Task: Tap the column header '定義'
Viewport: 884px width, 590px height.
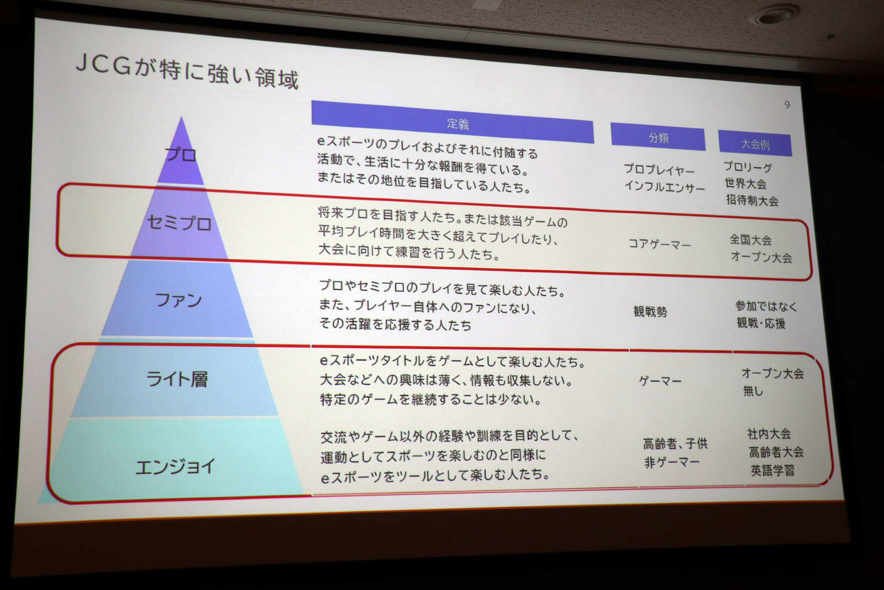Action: (458, 124)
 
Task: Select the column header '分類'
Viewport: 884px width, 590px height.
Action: (659, 138)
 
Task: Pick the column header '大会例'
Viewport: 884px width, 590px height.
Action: (755, 144)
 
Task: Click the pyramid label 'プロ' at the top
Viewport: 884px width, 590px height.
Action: (181, 154)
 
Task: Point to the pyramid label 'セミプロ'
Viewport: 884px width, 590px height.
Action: (180, 223)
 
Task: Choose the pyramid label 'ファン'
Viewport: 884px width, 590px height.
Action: (178, 300)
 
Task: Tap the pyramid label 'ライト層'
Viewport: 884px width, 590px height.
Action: (177, 379)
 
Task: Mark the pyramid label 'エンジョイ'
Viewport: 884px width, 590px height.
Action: (175, 466)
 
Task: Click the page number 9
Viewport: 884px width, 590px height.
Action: (787, 105)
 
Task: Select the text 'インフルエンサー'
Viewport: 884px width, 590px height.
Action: (665, 186)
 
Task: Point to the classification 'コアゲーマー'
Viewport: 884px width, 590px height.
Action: (660, 244)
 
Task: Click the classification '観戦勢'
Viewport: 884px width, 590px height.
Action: (650, 311)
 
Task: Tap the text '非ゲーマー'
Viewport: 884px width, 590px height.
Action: (672, 462)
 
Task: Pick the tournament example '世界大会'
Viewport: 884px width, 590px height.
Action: (745, 184)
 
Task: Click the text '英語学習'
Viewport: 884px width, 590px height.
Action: (772, 471)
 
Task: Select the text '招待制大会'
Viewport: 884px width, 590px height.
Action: (752, 201)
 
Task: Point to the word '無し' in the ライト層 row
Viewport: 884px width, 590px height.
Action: (753, 391)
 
